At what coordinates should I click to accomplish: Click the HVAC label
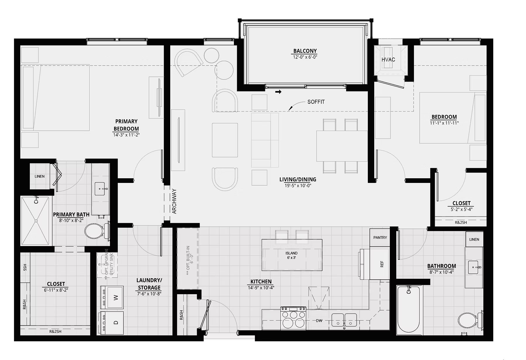pyautogui.click(x=388, y=60)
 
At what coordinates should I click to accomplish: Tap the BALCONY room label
pyautogui.click(x=305, y=51)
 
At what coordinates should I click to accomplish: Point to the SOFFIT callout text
pyautogui.click(x=316, y=102)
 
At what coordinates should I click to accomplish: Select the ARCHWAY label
pyautogui.click(x=175, y=202)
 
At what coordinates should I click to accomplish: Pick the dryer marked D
pyautogui.click(x=112, y=323)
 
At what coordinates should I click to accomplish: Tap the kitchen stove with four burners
pyautogui.click(x=293, y=318)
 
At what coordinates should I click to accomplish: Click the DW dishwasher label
pyautogui.click(x=319, y=321)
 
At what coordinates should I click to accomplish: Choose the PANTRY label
pyautogui.click(x=380, y=238)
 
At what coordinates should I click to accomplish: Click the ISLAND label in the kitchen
pyautogui.click(x=292, y=253)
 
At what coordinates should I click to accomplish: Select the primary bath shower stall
pyautogui.click(x=36, y=221)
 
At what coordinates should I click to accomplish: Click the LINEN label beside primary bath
pyautogui.click(x=39, y=176)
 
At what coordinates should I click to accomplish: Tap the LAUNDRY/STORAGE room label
pyautogui.click(x=149, y=284)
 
